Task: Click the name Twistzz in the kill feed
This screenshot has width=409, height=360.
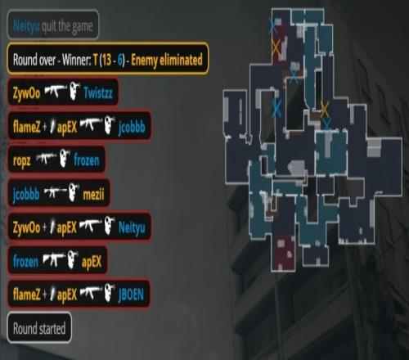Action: coord(98,92)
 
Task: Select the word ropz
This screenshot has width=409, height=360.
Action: coord(21,160)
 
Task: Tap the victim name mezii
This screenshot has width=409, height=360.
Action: coord(93,194)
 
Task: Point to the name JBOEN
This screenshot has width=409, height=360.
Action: coord(131,295)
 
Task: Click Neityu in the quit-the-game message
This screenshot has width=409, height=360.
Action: coord(26,26)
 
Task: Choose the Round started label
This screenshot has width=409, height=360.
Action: coord(39,328)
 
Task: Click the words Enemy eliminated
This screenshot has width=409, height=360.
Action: coord(167,60)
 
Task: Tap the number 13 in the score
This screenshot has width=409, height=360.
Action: coord(106,60)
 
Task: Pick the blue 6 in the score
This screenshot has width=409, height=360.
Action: coord(120,60)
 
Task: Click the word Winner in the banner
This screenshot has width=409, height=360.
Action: coord(76,60)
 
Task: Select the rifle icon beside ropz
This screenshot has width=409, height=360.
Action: coord(46,159)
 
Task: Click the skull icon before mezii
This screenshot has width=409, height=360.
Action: coord(74,191)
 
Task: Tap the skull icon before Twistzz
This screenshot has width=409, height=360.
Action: coord(74,91)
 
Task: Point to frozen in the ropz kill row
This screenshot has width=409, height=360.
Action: coord(87,160)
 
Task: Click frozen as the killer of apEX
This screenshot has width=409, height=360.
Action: coord(25,261)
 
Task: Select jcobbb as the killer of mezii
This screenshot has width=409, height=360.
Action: coord(26,194)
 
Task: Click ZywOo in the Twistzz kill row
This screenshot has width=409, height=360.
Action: coord(26,93)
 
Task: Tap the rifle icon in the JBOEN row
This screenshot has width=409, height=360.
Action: coord(91,293)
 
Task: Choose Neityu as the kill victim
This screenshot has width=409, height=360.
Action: coord(132,227)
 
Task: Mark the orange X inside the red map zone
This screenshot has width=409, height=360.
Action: coord(276,47)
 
